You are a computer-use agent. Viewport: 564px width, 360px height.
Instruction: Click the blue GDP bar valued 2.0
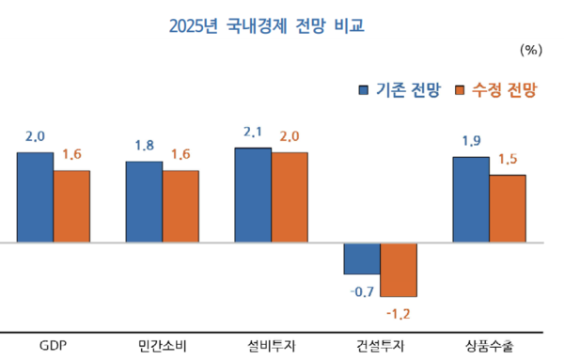click(35, 197)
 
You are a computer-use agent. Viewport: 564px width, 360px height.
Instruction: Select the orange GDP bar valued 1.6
click(71, 207)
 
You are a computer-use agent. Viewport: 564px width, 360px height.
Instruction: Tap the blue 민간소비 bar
click(144, 202)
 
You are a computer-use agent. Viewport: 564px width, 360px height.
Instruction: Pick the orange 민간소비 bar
click(180, 207)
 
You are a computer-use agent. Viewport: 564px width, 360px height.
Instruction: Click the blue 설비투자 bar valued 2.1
click(253, 196)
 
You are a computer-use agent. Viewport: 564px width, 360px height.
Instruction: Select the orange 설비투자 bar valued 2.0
click(290, 197)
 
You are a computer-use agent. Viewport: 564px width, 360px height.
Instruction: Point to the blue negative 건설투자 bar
click(362, 258)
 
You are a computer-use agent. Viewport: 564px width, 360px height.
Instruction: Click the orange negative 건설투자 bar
click(399, 269)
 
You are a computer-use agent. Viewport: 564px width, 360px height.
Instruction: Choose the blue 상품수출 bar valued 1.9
click(471, 200)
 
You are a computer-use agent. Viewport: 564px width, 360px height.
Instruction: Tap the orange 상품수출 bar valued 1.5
click(508, 209)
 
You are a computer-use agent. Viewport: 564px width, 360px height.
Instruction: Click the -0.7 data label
click(362, 291)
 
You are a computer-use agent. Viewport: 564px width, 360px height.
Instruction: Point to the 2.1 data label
click(253, 134)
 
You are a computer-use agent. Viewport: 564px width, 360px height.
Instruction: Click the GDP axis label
click(54, 345)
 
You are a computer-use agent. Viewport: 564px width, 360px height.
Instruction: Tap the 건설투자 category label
click(381, 345)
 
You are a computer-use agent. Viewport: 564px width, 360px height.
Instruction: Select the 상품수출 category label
click(490, 345)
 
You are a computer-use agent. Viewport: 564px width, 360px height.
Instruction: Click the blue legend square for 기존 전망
click(365, 90)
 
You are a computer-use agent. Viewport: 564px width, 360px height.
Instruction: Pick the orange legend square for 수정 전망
click(460, 90)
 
